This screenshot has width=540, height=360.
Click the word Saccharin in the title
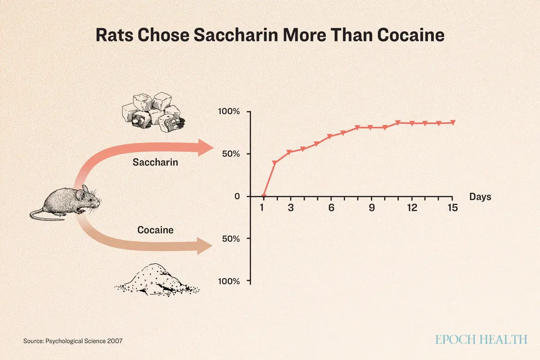tap(236, 35)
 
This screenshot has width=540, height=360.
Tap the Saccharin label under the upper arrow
tap(155, 162)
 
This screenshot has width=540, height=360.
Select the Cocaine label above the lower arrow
tap(155, 230)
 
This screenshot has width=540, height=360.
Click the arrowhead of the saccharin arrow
tap(205, 148)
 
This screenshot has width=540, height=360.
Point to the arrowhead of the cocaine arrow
tap(204, 246)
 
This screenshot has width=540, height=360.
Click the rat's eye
tap(90, 200)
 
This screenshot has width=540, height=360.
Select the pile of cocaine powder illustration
tap(157, 280)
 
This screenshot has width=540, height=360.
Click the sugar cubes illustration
tap(153, 112)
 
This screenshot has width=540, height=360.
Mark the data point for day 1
tap(264, 196)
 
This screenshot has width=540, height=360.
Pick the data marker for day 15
tap(453, 122)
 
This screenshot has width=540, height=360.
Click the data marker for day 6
tap(330, 136)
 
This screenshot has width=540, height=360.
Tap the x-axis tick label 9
tap(372, 207)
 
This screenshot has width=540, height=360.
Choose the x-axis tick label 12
tap(412, 207)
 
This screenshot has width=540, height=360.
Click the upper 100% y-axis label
tap(229, 112)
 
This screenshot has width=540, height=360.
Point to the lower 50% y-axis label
tap(231, 238)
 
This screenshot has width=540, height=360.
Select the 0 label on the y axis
tap(237, 196)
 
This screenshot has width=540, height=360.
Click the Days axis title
tap(480, 197)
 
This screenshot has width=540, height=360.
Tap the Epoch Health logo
tap(481, 339)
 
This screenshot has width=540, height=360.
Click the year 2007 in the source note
tap(115, 341)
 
